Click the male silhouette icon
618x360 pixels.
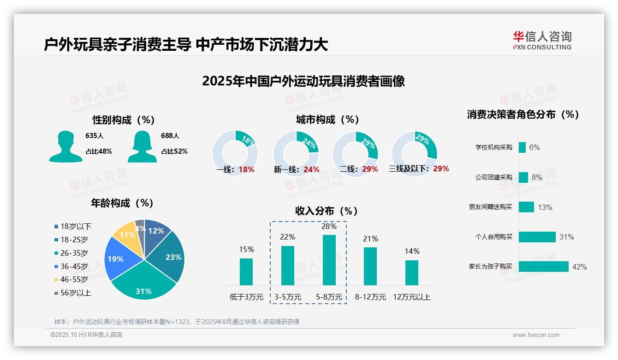coord(65,146)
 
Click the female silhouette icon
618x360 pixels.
coord(142,146)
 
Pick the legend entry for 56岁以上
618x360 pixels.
coord(73,293)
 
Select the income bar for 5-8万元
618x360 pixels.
coord(329,260)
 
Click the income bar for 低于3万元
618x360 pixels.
coord(246,271)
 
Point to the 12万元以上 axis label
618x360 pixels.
coord(411,297)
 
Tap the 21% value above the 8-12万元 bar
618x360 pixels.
coord(370,239)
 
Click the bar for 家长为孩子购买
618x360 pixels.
coord(544,266)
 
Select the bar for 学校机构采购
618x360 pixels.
coord(522,147)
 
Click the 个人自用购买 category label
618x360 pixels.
coord(493,237)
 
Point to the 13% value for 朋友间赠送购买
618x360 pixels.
coord(545,207)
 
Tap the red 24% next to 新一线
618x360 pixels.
coord(311,169)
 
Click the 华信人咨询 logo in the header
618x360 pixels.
coord(542,40)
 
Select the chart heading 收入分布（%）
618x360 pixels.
coord(327,211)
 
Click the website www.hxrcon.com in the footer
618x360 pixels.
coord(536,335)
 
